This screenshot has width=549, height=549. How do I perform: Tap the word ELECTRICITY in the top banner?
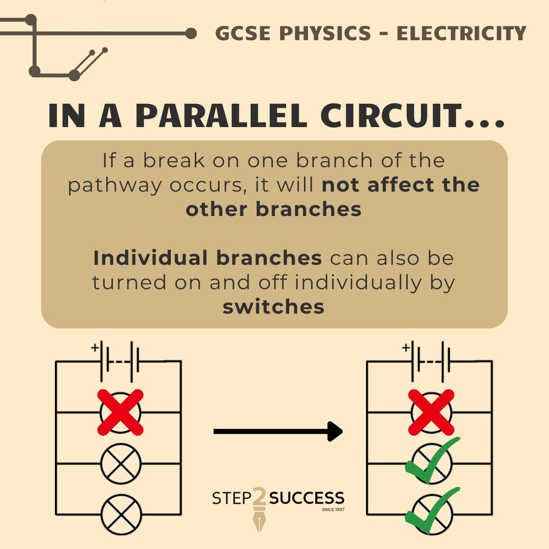(461, 34)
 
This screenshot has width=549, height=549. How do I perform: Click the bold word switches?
(273, 307)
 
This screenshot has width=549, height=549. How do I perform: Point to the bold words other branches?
(273, 209)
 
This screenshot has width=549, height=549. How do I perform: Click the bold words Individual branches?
(207, 258)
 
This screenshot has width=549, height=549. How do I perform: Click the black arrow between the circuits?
(278, 432)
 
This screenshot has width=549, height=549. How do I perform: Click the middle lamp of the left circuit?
(120, 464)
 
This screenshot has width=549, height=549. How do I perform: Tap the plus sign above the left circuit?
(95, 348)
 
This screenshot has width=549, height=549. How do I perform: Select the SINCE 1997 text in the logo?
(333, 509)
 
